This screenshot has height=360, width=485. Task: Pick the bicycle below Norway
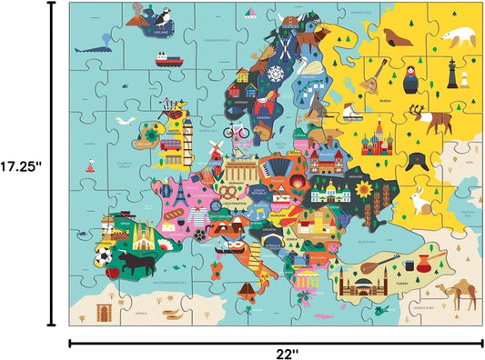point(239,129)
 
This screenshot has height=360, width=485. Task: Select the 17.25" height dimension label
point(23,166)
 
